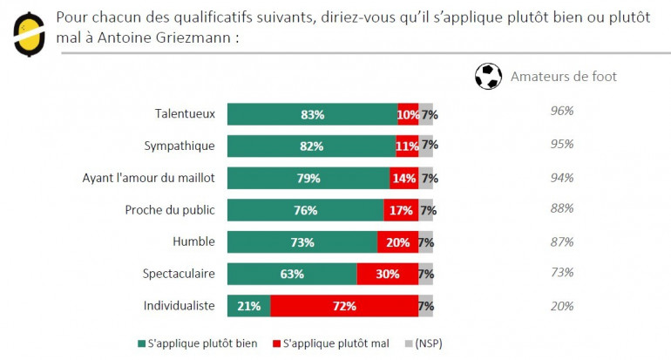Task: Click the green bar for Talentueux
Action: pyautogui.click(x=312, y=114)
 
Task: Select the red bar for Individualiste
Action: pyautogui.click(x=344, y=306)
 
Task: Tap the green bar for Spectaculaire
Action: pyautogui.click(x=292, y=274)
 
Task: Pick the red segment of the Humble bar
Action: pyautogui.click(x=397, y=242)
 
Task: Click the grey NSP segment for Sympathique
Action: pyautogui.click(x=426, y=146)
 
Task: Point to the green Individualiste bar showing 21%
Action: pyautogui.click(x=248, y=306)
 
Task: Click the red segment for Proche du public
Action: pyautogui.click(x=401, y=210)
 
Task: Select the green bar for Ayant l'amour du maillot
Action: pyautogui.click(x=308, y=178)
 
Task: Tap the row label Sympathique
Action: pyautogui.click(x=179, y=146)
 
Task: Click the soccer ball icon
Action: pyautogui.click(x=489, y=77)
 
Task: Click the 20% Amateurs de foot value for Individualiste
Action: pyautogui.click(x=561, y=305)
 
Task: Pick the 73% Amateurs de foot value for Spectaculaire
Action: pyautogui.click(x=561, y=273)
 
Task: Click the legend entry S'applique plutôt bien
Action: pyautogui.click(x=198, y=343)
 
